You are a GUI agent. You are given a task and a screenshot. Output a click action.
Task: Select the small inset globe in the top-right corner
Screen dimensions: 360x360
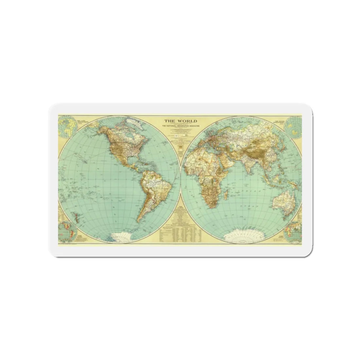click(x=292, y=126)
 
